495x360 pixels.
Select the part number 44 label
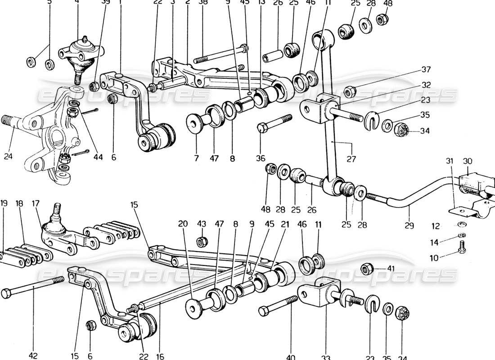98,157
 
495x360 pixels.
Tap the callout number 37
426,70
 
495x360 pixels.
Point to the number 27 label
351,159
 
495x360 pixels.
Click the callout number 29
409,226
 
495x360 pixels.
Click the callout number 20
182,224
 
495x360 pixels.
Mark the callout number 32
426,85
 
